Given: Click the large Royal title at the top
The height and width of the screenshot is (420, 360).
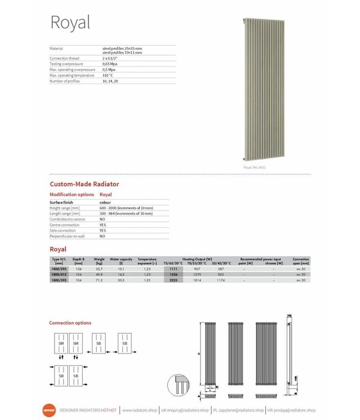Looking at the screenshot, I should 70,23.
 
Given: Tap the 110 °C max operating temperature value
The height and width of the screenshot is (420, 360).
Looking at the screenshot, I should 108,75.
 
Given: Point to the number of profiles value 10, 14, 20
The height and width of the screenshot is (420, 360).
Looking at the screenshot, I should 111,80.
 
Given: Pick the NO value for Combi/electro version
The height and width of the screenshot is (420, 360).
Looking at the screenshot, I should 102,219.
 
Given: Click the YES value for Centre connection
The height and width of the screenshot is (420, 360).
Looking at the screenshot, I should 103,225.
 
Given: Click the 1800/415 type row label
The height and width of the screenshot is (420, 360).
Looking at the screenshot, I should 58,274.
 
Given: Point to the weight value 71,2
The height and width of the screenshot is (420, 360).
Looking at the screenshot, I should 99,280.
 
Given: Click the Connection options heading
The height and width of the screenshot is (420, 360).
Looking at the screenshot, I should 70,323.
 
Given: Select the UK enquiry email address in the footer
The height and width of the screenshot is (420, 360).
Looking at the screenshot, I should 186,410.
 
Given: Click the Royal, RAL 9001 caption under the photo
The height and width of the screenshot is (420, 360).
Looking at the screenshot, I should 254,167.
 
